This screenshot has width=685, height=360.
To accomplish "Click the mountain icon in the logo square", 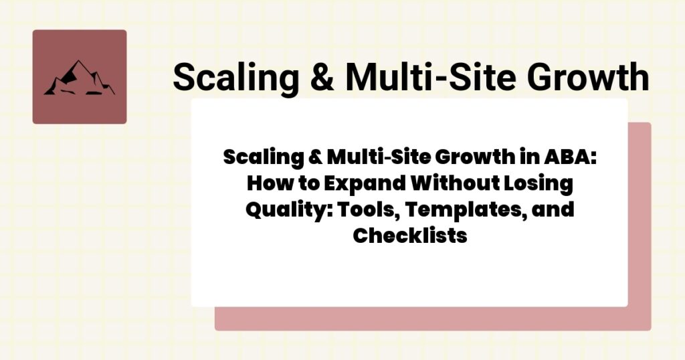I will tap(79, 78).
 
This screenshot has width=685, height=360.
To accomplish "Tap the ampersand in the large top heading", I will tap(324, 78).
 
